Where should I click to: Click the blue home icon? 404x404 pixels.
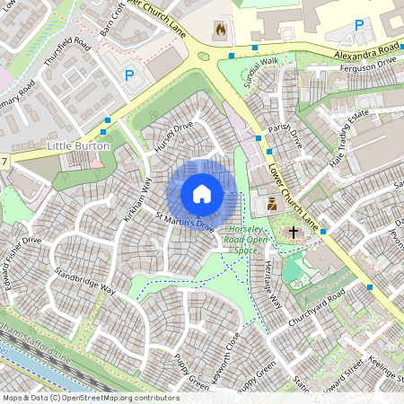(202, 194)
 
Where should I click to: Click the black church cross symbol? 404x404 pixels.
(293, 233)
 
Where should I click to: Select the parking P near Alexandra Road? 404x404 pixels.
(359, 25)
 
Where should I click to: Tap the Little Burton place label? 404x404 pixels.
(79, 145)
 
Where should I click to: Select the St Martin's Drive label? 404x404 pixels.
(186, 221)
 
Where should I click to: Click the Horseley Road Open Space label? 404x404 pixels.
(246, 240)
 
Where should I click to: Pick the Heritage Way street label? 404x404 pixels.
(272, 286)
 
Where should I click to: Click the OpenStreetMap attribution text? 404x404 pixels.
(90, 398)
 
